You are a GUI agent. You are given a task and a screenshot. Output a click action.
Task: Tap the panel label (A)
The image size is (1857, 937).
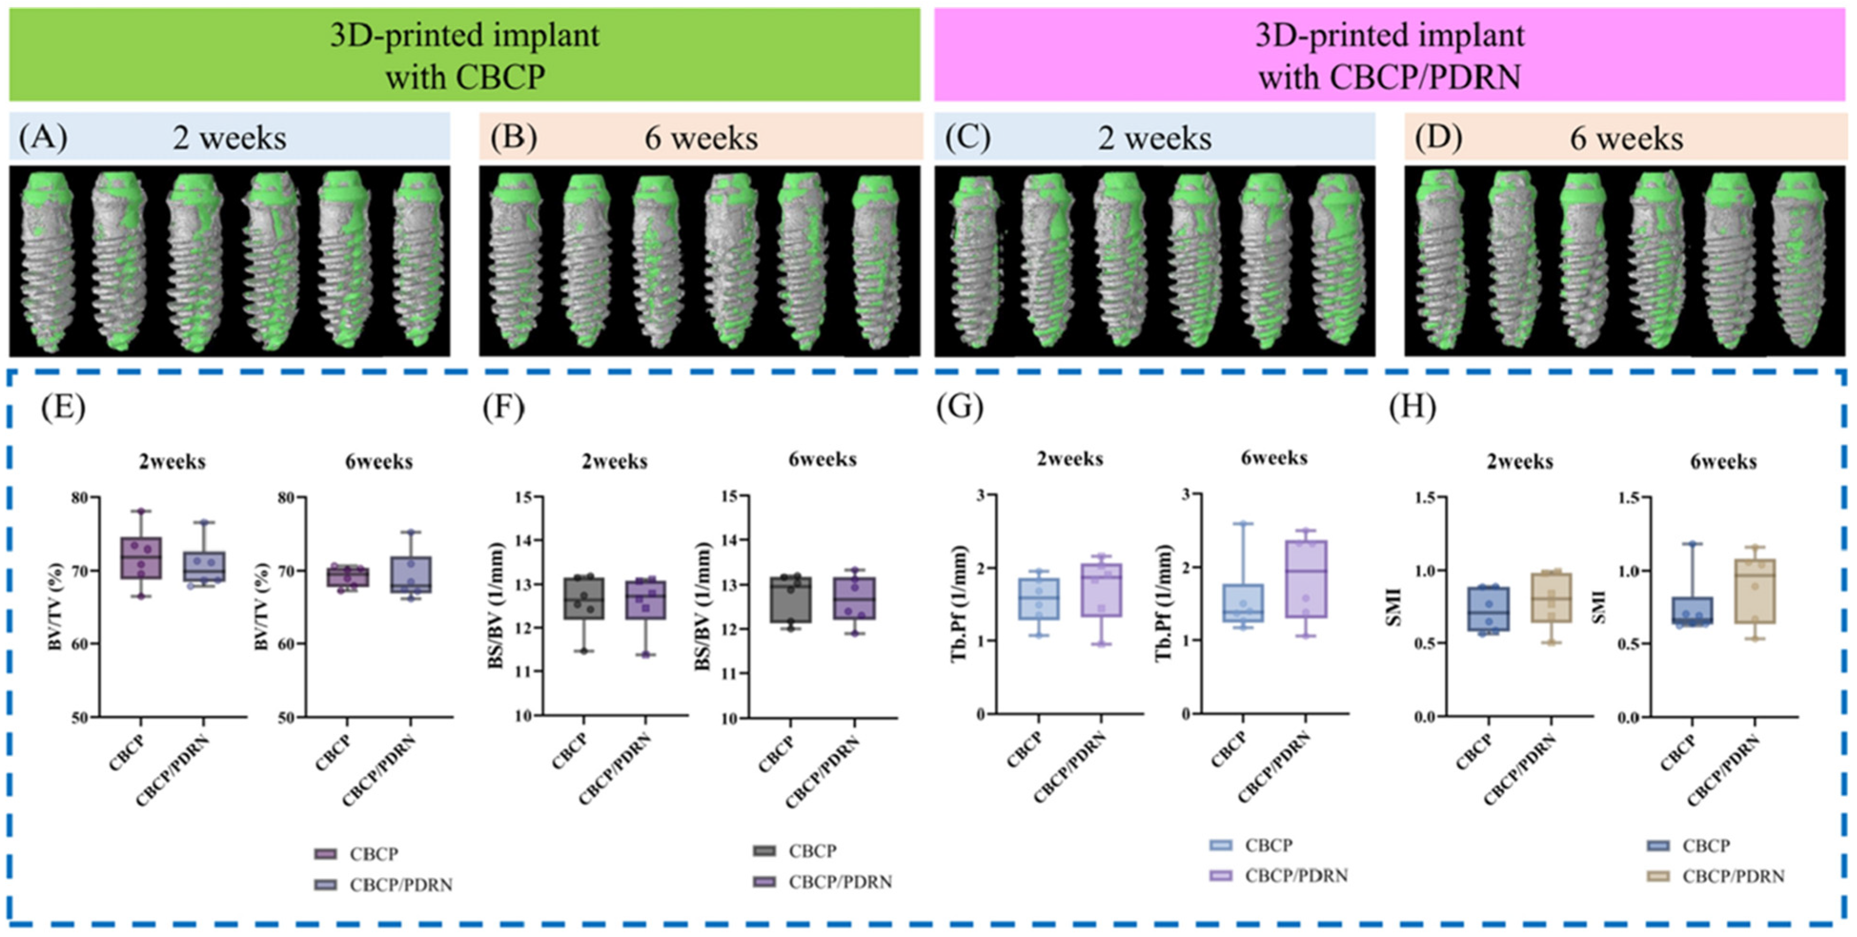[x=43, y=137]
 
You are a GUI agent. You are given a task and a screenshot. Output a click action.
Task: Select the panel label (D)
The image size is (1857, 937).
[x=1438, y=137]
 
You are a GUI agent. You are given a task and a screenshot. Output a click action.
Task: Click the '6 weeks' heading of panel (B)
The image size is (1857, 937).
[x=701, y=139]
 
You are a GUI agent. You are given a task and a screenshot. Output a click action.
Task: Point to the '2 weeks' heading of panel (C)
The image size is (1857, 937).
[x=1154, y=139]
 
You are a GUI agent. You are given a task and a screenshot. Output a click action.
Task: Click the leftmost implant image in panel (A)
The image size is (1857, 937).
[x=47, y=261]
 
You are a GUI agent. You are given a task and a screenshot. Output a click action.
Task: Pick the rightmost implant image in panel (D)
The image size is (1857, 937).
[x=1798, y=261]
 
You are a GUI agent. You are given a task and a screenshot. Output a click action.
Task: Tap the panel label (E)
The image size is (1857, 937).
[x=63, y=408]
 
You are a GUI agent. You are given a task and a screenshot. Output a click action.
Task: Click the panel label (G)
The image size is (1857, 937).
[x=959, y=408]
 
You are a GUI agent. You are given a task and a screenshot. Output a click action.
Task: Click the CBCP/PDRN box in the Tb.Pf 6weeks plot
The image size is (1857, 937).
[x=1305, y=579]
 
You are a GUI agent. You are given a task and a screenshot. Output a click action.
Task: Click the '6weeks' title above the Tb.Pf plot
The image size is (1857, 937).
[x=1274, y=458]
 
